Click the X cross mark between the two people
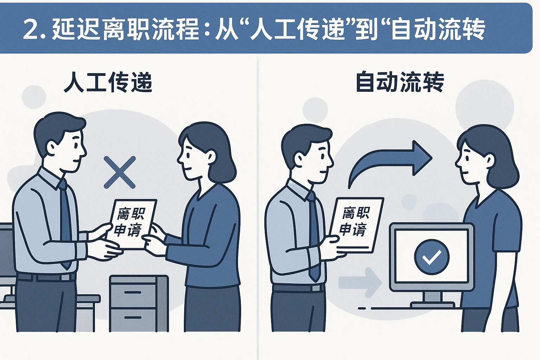coord(120,172)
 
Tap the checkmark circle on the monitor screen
coord(432,257)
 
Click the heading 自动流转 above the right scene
coord(400,82)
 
